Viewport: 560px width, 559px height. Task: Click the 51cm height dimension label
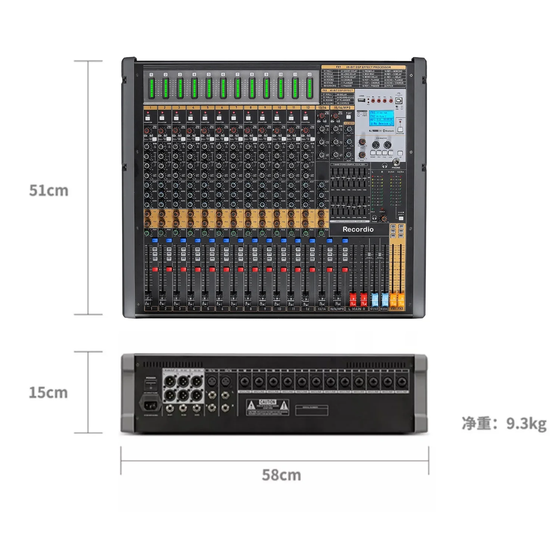(x=49, y=191)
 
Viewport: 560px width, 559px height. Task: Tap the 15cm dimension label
(x=49, y=393)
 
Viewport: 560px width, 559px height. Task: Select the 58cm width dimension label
(x=281, y=475)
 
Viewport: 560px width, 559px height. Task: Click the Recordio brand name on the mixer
(x=358, y=229)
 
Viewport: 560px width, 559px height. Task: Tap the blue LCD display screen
(x=381, y=118)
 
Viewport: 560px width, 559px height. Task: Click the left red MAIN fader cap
(x=353, y=299)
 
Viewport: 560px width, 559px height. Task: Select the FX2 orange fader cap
(x=401, y=299)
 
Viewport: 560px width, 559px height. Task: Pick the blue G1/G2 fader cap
(x=374, y=299)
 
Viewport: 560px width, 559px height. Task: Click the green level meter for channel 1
(x=152, y=88)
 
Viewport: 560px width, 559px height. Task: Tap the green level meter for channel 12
(x=309, y=88)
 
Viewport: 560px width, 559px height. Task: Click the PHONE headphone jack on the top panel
(x=396, y=163)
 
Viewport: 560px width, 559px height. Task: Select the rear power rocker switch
(x=150, y=384)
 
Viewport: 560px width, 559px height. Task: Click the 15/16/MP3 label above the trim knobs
(x=342, y=108)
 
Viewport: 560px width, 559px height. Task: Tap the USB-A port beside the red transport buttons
(x=361, y=100)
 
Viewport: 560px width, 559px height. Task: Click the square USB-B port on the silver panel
(x=398, y=101)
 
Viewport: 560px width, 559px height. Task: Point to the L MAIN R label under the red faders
(x=357, y=309)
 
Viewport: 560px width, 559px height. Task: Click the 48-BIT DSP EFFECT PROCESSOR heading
(x=368, y=67)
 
